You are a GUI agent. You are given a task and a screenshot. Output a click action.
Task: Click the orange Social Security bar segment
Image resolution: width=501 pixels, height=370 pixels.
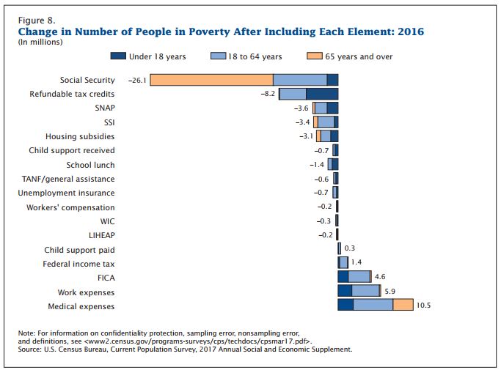[211, 80]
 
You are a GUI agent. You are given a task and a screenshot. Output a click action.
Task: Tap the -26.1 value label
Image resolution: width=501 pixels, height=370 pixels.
[137, 80]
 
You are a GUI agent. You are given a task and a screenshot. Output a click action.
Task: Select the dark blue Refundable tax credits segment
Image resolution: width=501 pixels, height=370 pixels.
[322, 94]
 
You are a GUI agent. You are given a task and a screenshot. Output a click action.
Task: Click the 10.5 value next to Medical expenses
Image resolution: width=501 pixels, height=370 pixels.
[423, 306]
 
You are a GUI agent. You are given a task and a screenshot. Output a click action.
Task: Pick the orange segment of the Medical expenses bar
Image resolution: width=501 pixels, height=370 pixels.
[403, 305]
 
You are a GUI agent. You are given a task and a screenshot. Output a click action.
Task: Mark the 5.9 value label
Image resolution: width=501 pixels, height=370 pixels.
[390, 291]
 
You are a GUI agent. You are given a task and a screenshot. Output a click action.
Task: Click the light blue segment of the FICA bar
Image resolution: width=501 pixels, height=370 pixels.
[359, 277]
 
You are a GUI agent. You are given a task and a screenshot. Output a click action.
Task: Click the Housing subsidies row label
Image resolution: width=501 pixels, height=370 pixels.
[80, 136]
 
